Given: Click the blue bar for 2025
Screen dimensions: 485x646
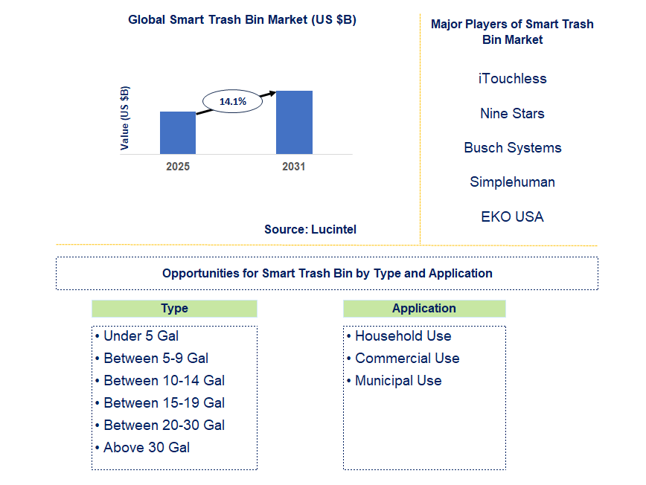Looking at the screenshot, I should point(178,132).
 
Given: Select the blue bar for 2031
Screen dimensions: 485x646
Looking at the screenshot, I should point(294,122).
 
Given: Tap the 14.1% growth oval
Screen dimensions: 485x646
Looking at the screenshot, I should point(232,100).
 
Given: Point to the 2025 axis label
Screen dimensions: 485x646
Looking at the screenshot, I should point(178,167).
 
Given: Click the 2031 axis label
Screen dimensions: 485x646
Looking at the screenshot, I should point(294,167).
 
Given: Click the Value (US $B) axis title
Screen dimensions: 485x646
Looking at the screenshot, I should point(125,118).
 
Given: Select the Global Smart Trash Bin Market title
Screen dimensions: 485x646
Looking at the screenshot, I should point(242,20).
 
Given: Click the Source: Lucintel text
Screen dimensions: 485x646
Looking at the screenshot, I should point(310,229).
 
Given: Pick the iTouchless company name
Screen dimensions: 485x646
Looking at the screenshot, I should point(512,78).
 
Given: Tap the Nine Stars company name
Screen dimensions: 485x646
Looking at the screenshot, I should point(512,113).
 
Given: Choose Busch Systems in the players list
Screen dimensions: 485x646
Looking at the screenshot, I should point(512,147).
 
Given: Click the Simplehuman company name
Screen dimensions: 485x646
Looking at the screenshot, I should point(512,182).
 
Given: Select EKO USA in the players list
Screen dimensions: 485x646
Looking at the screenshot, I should point(512,216).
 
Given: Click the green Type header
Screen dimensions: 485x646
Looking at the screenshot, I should point(174,308).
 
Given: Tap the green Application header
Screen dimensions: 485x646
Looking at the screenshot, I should point(424,308).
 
